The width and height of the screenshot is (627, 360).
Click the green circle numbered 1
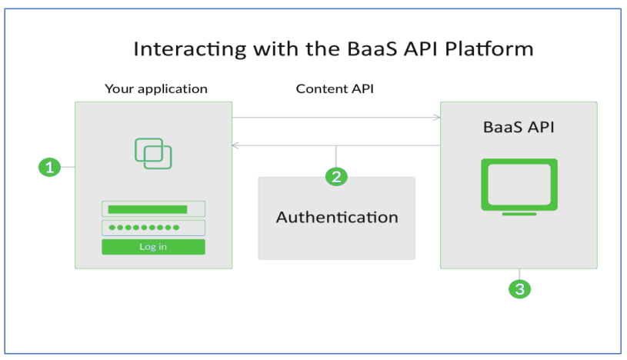point(49,167)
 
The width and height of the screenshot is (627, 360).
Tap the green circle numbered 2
point(335,176)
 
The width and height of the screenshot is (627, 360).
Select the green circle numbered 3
point(520,289)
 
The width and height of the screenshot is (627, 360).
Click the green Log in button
point(153,247)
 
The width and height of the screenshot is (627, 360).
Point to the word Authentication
point(337,217)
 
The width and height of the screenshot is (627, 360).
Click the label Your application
point(156,88)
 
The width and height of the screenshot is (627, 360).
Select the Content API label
point(335,88)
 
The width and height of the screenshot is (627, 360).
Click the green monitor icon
point(519,184)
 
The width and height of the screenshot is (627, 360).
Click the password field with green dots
point(153,228)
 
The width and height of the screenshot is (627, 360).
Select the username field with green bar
point(153,209)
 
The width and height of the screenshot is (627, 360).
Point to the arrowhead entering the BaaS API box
point(437,118)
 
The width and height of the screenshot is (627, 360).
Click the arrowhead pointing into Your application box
point(235,145)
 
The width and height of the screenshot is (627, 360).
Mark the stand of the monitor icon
point(519,213)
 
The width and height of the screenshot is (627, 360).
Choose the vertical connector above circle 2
point(335,156)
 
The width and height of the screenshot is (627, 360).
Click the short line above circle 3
point(520,274)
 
